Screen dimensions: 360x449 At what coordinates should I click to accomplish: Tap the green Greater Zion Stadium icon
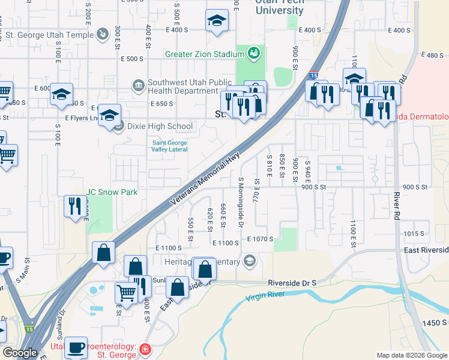tap(254, 54)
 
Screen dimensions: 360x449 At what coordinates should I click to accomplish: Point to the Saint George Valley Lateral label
tap(169, 146)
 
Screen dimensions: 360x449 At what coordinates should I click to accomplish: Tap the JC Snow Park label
tap(112, 192)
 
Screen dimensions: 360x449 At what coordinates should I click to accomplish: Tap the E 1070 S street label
tap(259, 239)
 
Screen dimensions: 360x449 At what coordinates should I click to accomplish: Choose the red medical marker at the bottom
tap(145, 349)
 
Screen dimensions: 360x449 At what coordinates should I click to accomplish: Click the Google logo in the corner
tap(19, 353)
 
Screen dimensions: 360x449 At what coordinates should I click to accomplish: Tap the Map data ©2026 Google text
tap(412, 355)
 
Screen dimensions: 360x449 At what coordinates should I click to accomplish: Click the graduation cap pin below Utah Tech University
tap(217, 22)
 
